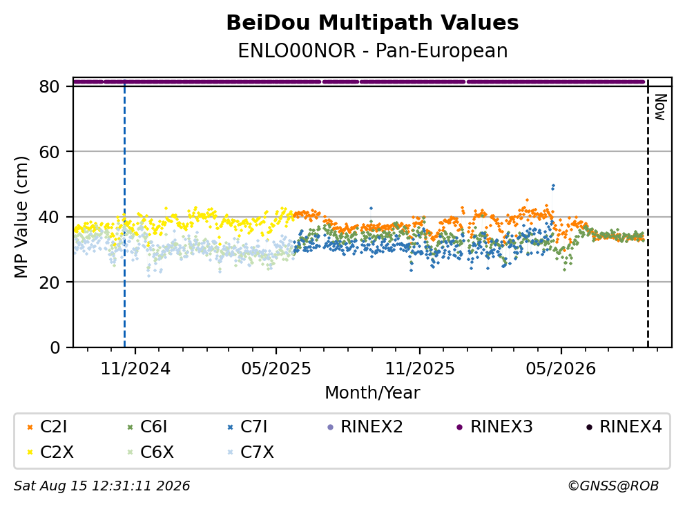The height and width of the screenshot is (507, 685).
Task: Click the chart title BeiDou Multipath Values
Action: pos(372,23)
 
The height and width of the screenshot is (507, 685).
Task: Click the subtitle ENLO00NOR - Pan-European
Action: pos(373,50)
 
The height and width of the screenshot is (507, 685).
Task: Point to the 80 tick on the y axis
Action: pos(49,86)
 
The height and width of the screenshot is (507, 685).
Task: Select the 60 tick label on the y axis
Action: pos(49,152)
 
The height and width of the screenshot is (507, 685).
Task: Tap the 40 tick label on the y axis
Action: pos(49,217)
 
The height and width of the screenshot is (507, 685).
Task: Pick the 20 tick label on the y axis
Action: pos(49,283)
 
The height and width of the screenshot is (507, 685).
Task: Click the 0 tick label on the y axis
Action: pos(55,347)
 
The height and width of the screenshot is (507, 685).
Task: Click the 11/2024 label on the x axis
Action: pos(135,369)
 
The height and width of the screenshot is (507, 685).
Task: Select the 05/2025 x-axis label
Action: pos(276,369)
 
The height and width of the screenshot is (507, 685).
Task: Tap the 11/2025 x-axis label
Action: pos(419,369)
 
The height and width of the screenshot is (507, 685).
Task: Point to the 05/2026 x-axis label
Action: pos(561,369)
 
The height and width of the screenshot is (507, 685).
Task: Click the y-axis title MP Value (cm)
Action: pos(21,217)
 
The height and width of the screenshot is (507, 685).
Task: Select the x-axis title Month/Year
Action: pos(372,392)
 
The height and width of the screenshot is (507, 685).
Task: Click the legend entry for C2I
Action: pos(47,427)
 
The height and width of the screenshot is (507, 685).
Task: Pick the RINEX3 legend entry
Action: pos(494,427)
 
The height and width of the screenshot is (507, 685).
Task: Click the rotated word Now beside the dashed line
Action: pos(660,107)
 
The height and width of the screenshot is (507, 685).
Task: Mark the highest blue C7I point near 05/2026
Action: pos(554,186)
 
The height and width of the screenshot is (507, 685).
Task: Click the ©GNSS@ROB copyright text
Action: pos(613,486)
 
